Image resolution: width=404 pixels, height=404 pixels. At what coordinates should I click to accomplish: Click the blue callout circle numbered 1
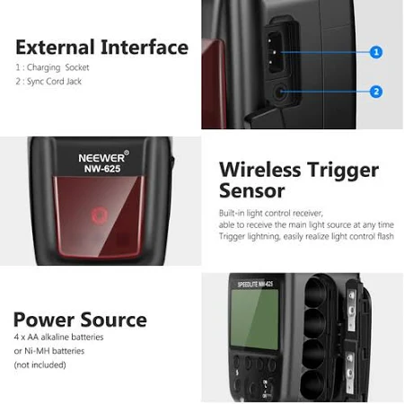(x=376, y=52)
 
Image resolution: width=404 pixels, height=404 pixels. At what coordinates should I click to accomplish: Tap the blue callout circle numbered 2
(x=376, y=92)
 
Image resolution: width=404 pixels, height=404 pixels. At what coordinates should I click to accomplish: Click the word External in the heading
(x=55, y=48)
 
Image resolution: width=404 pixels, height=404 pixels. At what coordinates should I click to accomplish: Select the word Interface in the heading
(x=145, y=48)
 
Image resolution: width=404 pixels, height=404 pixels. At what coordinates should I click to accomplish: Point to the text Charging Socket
(x=58, y=67)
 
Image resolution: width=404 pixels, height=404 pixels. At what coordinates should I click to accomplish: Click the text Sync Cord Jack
(x=54, y=82)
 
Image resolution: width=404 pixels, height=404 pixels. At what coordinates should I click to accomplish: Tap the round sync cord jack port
(x=280, y=92)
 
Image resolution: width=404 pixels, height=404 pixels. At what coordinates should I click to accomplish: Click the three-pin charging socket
(x=275, y=53)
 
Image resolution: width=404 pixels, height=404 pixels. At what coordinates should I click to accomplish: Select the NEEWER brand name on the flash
(x=101, y=158)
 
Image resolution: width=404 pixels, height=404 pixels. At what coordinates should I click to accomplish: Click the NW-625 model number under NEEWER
(x=102, y=169)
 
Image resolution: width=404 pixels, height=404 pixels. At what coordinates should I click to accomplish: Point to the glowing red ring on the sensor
(x=99, y=215)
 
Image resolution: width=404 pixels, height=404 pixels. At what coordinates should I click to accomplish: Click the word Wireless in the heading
(x=260, y=170)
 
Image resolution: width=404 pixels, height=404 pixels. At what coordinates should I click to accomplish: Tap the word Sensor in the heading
(x=252, y=191)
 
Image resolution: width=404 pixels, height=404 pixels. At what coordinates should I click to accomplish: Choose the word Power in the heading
(x=44, y=320)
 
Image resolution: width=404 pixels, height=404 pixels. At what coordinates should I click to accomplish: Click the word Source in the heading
(x=114, y=320)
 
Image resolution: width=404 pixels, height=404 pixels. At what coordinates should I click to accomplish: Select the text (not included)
(x=40, y=364)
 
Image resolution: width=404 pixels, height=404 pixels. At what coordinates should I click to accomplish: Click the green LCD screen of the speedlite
(x=255, y=319)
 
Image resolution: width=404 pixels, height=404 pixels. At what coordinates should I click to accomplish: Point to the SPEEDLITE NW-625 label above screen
(x=255, y=284)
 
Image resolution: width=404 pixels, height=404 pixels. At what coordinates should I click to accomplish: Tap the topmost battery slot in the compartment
(x=315, y=291)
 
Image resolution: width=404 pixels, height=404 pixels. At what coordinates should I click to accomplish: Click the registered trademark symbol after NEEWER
(x=127, y=153)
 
